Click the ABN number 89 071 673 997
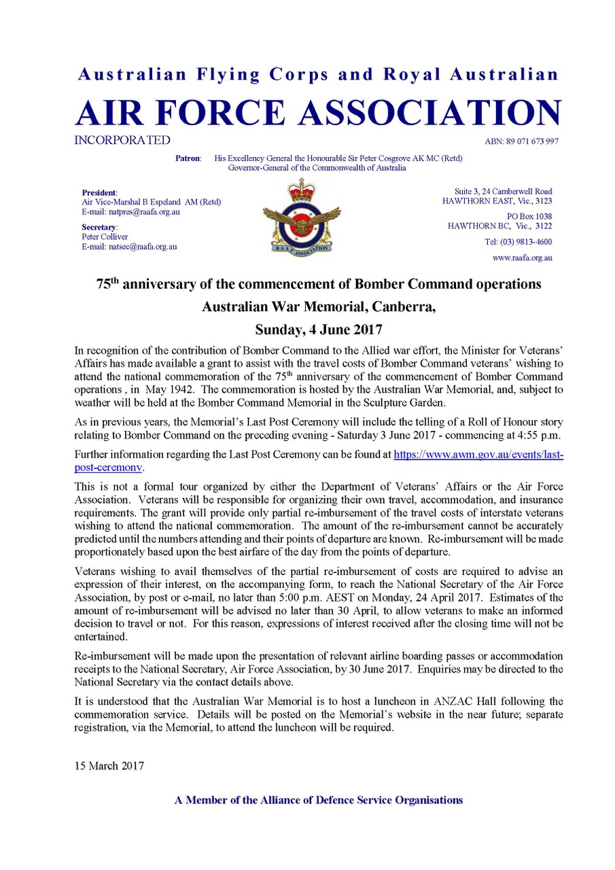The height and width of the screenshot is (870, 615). pos(522,141)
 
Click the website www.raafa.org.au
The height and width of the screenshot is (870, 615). pos(521,258)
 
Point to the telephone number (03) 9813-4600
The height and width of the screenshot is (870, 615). pos(518,242)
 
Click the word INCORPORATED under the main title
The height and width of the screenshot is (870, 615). pos(123,141)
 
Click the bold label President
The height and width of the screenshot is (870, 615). pos(100,192)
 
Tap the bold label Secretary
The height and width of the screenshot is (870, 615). pos(99,226)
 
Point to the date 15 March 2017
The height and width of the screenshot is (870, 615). pos(109,765)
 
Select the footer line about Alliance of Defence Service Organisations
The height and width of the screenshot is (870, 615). pos(319,800)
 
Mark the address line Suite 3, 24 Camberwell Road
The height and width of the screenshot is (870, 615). pos(503,191)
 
